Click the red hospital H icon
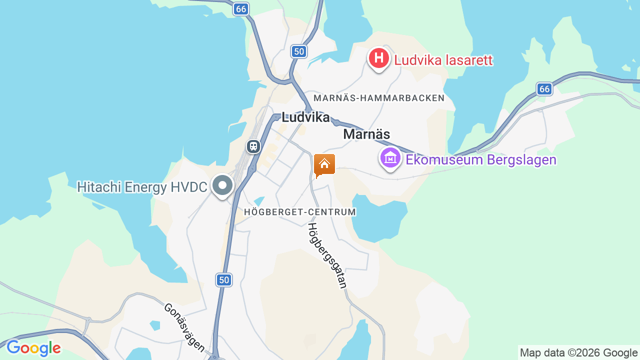coord(378,58)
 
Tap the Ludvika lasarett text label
coord(443,60)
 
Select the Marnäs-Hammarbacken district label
coord(379,98)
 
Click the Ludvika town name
coord(305,117)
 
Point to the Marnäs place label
coord(366,134)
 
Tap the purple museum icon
coord(390,158)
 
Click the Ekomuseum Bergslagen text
coord(481,160)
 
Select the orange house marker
coord(324,164)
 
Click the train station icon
coord(253,146)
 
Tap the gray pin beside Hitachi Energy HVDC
coord(222,186)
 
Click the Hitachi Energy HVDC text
coord(142,187)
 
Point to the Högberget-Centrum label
coord(300,212)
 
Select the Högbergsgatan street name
coord(327,255)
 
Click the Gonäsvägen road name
coord(184,327)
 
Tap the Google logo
coord(33,348)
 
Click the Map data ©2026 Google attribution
coord(578,352)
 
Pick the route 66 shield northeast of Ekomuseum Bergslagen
coord(544,89)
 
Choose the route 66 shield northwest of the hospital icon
coord(241,9)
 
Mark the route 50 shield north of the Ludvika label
coord(298,51)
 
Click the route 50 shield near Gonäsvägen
coord(224,280)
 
